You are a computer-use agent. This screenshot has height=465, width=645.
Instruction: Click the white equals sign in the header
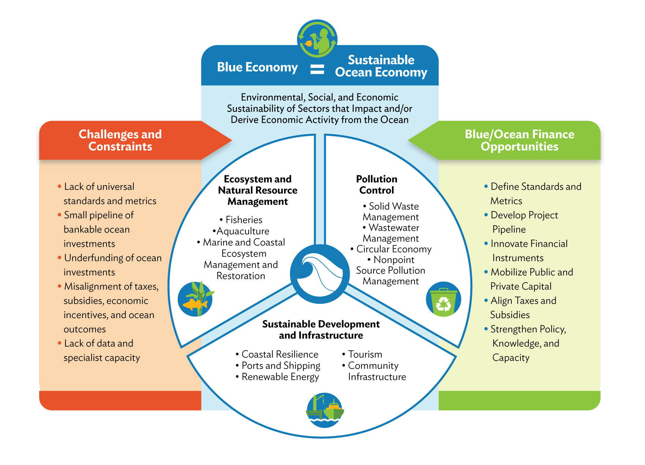point(317,69)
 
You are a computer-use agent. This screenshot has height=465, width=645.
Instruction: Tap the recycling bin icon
point(443,299)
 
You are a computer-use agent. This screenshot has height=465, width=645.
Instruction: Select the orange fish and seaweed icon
point(196,299)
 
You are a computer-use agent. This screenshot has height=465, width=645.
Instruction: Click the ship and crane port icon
point(325,410)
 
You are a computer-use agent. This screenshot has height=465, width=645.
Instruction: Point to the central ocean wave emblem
point(320,273)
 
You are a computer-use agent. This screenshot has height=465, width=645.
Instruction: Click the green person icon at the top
point(317,39)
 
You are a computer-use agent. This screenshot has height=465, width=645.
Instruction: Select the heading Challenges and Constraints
point(120,140)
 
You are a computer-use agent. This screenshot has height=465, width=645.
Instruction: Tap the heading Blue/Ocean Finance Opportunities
point(519,140)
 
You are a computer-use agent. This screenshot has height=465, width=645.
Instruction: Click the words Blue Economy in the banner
point(257,67)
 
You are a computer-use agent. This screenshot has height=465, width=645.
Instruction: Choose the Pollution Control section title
point(377,185)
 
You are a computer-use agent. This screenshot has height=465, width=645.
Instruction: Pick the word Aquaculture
point(243,231)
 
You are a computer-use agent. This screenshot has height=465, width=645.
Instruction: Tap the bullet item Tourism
point(365,354)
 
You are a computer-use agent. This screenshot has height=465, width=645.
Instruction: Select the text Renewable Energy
point(280,377)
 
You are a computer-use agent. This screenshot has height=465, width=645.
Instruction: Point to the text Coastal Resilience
point(280,354)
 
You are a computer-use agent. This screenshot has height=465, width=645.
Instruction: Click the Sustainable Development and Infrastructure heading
point(321,330)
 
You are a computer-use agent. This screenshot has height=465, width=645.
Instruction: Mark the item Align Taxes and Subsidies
point(523,308)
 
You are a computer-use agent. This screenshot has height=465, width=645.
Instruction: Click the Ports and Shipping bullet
point(281,366)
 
